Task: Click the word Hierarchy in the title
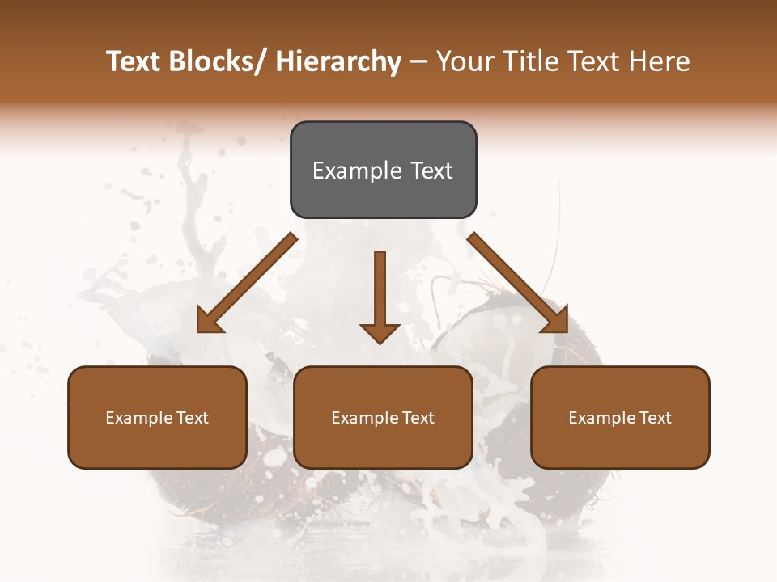point(338,61)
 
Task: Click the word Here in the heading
point(659,61)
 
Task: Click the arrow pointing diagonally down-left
point(247,283)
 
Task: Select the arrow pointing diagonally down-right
point(518,283)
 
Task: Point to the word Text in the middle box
point(418,418)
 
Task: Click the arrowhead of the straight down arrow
point(380,332)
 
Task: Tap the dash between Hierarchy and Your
point(418,62)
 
